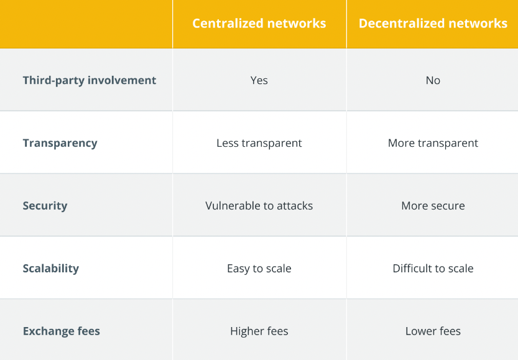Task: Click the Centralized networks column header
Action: [259, 24]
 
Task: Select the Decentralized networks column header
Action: [433, 24]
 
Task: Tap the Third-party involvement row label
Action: [89, 81]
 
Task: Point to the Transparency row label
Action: [60, 144]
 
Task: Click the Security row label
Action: [45, 206]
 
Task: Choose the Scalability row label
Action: [51, 269]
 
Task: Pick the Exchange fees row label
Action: [62, 331]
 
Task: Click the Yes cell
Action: [259, 80]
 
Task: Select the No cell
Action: [433, 80]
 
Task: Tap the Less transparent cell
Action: [259, 143]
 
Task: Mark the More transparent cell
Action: [433, 143]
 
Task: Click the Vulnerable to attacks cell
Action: [259, 205]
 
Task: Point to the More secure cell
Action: [433, 205]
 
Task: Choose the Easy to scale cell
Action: [259, 269]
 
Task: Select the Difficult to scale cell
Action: [433, 268]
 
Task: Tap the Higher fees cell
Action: [259, 331]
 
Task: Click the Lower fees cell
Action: [433, 331]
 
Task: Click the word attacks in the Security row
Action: [295, 206]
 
